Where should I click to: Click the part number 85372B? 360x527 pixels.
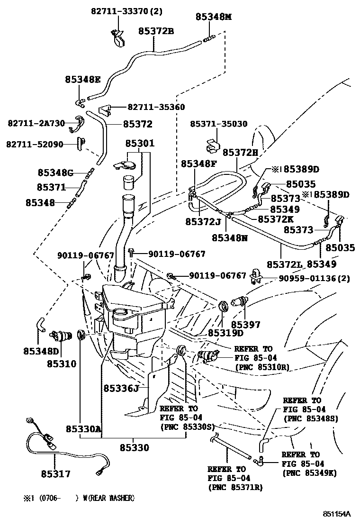(x=156, y=31)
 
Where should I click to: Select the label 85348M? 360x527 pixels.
(x=214, y=17)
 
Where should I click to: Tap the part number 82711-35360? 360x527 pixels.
(x=156, y=107)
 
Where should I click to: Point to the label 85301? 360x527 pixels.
(x=140, y=143)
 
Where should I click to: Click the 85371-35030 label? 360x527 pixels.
(x=219, y=124)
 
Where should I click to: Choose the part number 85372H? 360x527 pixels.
(x=241, y=153)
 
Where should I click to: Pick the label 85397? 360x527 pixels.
(x=245, y=324)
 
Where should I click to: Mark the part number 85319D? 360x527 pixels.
(x=225, y=333)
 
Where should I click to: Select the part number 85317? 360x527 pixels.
(x=56, y=474)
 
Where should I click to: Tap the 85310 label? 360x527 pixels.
(x=62, y=363)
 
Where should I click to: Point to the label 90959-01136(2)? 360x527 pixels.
(x=315, y=278)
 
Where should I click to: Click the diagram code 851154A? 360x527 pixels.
(x=337, y=514)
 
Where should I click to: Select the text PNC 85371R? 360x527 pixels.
(x=235, y=487)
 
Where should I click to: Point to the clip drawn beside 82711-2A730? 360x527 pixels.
(x=77, y=124)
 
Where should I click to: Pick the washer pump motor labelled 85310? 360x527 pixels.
(x=61, y=336)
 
